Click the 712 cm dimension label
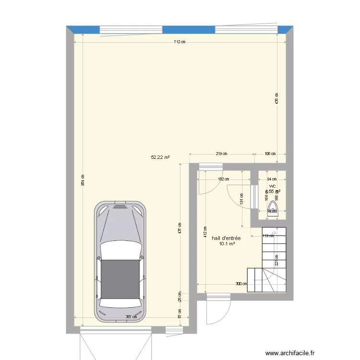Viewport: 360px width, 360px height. (180, 42)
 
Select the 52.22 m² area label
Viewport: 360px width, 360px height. (160, 157)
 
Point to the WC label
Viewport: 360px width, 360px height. (272, 186)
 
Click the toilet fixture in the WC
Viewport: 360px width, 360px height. (272, 210)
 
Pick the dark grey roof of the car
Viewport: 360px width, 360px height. (121, 278)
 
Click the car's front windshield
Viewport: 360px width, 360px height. (121, 251)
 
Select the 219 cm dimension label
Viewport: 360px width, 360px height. (221, 154)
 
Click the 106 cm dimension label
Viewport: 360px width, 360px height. (270, 154)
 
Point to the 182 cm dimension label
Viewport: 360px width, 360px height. (223, 179)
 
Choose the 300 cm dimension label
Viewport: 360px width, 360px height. (241, 283)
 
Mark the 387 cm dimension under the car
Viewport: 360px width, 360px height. (131, 317)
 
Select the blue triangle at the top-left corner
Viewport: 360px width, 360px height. (71, 29)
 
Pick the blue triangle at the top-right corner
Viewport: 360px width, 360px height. (289, 29)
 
